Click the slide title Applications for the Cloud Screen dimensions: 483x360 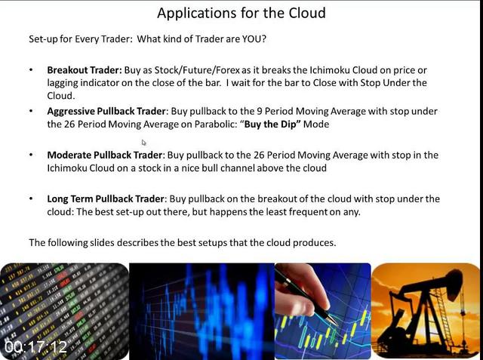coord(241,14)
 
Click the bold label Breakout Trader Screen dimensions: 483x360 coord(85,70)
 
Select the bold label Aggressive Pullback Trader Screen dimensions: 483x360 coord(106,111)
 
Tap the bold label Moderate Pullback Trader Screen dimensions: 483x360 coord(104,155)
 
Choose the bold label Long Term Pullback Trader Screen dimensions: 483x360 coord(106,199)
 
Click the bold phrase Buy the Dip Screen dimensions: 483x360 coord(270,124)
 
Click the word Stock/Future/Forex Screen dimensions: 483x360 coord(197,70)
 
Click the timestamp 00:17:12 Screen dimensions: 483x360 coord(35,347)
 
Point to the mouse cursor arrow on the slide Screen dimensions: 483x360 coord(144,143)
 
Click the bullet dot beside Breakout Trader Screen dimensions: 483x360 coord(31,70)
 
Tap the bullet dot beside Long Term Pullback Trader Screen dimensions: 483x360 coord(31,198)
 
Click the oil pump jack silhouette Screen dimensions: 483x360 coord(425,311)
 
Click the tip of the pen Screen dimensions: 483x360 coord(337,325)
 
